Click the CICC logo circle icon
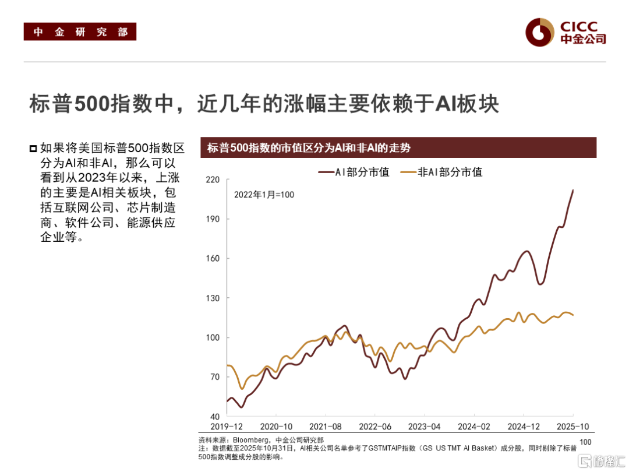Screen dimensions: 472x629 pos(539,33)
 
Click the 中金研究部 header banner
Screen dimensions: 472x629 pos(80,31)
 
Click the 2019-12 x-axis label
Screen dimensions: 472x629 pos(226,427)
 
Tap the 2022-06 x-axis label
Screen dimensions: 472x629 pos(375,427)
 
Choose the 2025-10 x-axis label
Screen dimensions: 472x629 pos(574,427)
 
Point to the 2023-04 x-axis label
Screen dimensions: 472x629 pos(425,427)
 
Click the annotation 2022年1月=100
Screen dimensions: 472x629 pos(264,195)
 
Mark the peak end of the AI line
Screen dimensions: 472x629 pos(573,190)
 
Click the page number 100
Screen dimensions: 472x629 pos(585,442)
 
